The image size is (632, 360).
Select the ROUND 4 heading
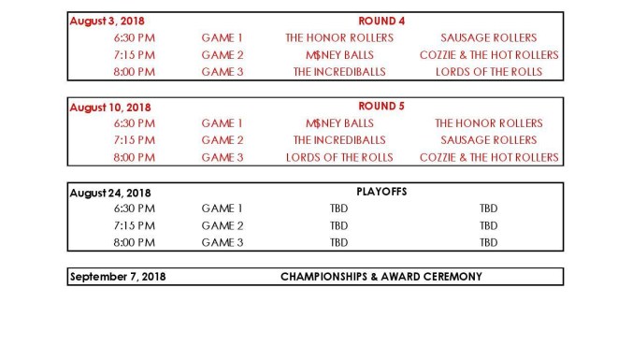(382, 21)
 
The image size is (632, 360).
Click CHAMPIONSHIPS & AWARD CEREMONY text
(381, 277)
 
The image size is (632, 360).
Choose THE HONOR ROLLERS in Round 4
(339, 38)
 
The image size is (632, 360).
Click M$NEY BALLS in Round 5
(339, 123)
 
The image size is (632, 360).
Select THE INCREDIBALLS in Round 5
(339, 140)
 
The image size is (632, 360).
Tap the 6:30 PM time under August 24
(135, 209)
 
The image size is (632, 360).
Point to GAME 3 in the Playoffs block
(223, 242)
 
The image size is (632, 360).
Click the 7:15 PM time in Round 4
(135, 55)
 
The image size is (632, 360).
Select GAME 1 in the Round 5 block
(223, 123)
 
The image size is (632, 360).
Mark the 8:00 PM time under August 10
(135, 157)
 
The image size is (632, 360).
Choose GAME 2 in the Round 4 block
(223, 55)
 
